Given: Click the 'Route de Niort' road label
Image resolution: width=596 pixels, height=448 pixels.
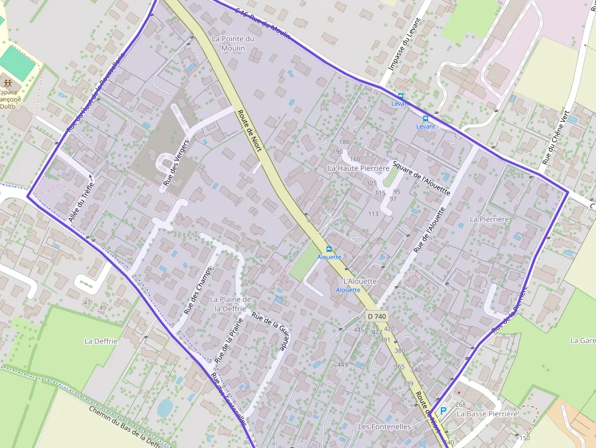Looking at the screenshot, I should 249,131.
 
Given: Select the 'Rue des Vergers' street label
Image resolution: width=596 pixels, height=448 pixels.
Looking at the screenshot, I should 176,162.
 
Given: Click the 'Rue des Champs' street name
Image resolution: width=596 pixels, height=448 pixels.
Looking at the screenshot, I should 197,291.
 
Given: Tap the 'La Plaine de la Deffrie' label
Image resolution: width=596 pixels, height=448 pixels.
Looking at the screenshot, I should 230,304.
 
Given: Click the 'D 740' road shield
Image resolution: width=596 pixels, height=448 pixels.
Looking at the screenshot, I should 377,316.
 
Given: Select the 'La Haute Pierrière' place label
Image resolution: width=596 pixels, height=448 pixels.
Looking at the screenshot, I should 358,168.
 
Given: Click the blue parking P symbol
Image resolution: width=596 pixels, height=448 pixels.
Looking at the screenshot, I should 443,411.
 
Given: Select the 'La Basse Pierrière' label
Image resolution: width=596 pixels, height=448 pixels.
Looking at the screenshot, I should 487,414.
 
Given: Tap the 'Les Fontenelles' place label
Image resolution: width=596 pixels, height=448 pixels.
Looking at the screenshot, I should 384,427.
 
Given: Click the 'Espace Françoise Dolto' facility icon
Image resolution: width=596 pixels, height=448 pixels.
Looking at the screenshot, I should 7,82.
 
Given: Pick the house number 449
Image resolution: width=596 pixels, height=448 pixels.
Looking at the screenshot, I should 342,365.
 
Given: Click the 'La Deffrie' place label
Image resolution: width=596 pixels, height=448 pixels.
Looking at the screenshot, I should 100,341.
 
